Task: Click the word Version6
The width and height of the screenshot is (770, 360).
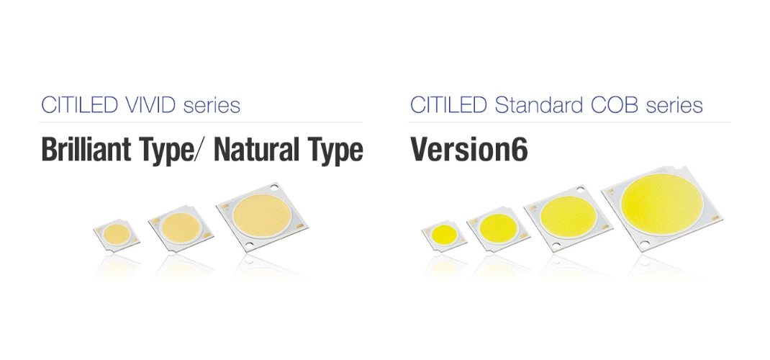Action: click(x=469, y=150)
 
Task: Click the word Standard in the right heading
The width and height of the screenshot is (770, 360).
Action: click(x=543, y=105)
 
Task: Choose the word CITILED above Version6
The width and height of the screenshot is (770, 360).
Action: click(x=448, y=105)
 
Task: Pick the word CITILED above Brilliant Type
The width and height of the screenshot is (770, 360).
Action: click(x=79, y=105)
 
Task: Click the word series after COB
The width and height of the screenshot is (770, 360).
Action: click(x=674, y=106)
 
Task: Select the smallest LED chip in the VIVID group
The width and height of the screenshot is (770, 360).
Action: click(x=117, y=235)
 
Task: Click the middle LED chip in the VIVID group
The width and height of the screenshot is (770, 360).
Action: click(x=181, y=228)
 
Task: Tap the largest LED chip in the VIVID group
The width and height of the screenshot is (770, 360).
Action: click(x=263, y=217)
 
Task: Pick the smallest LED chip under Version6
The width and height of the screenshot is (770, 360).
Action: click(x=445, y=235)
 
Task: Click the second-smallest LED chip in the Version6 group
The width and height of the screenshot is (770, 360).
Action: click(x=499, y=228)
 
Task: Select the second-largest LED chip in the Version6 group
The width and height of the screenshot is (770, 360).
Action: click(x=568, y=217)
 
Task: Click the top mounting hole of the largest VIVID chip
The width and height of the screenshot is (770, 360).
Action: click(x=274, y=189)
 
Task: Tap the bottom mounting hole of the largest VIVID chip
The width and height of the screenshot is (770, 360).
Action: click(x=250, y=245)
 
